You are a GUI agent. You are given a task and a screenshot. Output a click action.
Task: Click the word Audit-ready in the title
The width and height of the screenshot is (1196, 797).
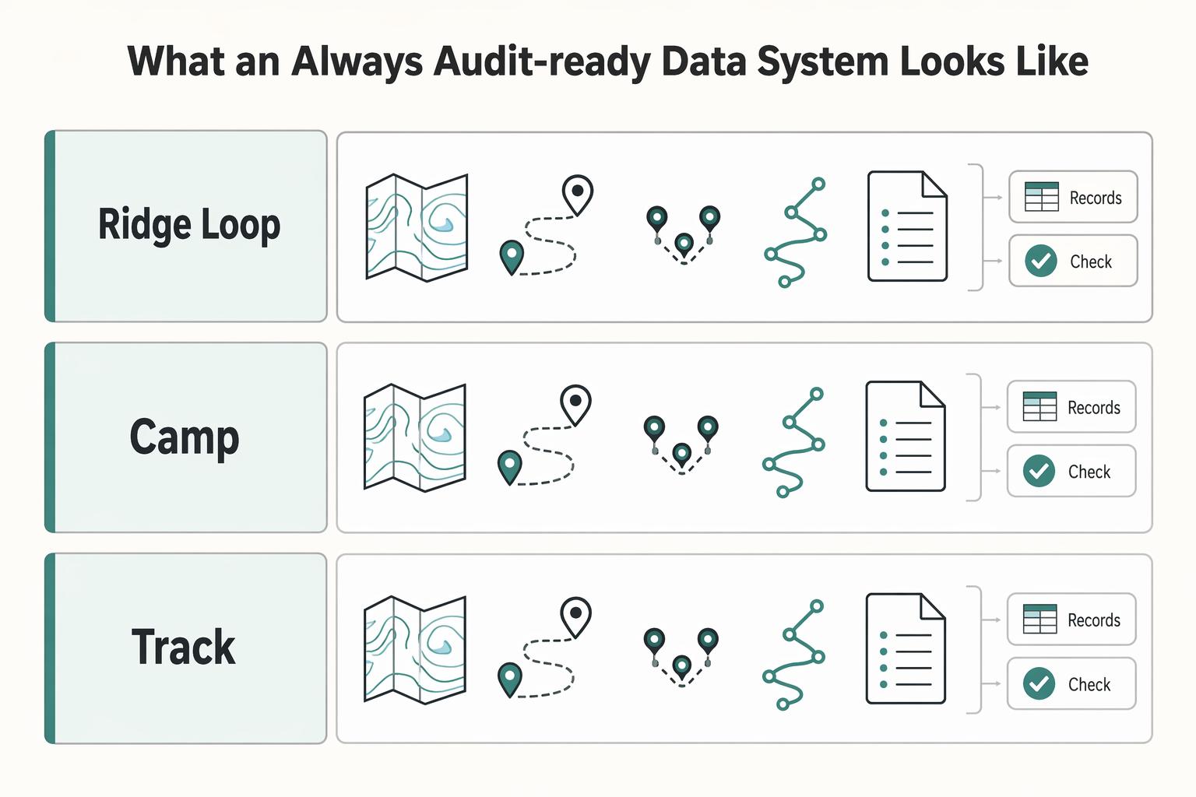tap(543, 62)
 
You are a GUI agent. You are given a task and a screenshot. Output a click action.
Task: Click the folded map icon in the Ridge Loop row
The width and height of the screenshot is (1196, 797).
tap(417, 227)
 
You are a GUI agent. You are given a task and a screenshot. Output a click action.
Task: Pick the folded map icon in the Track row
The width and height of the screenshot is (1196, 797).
tap(415, 650)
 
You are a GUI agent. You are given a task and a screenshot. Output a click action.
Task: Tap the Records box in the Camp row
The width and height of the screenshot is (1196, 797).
tap(1071, 407)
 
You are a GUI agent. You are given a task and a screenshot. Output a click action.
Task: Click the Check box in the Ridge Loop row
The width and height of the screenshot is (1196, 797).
tap(1073, 261)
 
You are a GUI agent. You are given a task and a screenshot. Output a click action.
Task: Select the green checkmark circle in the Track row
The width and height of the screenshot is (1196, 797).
tap(1039, 683)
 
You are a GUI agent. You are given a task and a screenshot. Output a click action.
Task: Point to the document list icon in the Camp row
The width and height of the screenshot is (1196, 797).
tap(906, 436)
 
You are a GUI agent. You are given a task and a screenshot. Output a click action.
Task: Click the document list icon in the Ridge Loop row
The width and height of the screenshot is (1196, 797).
tap(908, 226)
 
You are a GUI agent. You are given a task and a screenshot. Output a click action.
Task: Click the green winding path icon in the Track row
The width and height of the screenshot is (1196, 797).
tap(793, 655)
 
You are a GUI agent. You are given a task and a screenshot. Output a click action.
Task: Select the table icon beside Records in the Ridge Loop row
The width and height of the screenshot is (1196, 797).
tap(1042, 197)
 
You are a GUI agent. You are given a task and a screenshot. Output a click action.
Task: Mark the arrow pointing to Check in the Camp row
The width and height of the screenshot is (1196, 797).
tap(991, 471)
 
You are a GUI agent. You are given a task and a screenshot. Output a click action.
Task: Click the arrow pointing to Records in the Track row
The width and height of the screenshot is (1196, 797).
tap(991, 620)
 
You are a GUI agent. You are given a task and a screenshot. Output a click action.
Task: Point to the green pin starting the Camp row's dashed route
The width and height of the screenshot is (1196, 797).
tap(509, 467)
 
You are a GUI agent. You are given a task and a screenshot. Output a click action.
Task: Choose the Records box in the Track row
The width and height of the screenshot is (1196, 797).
tap(1071, 620)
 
